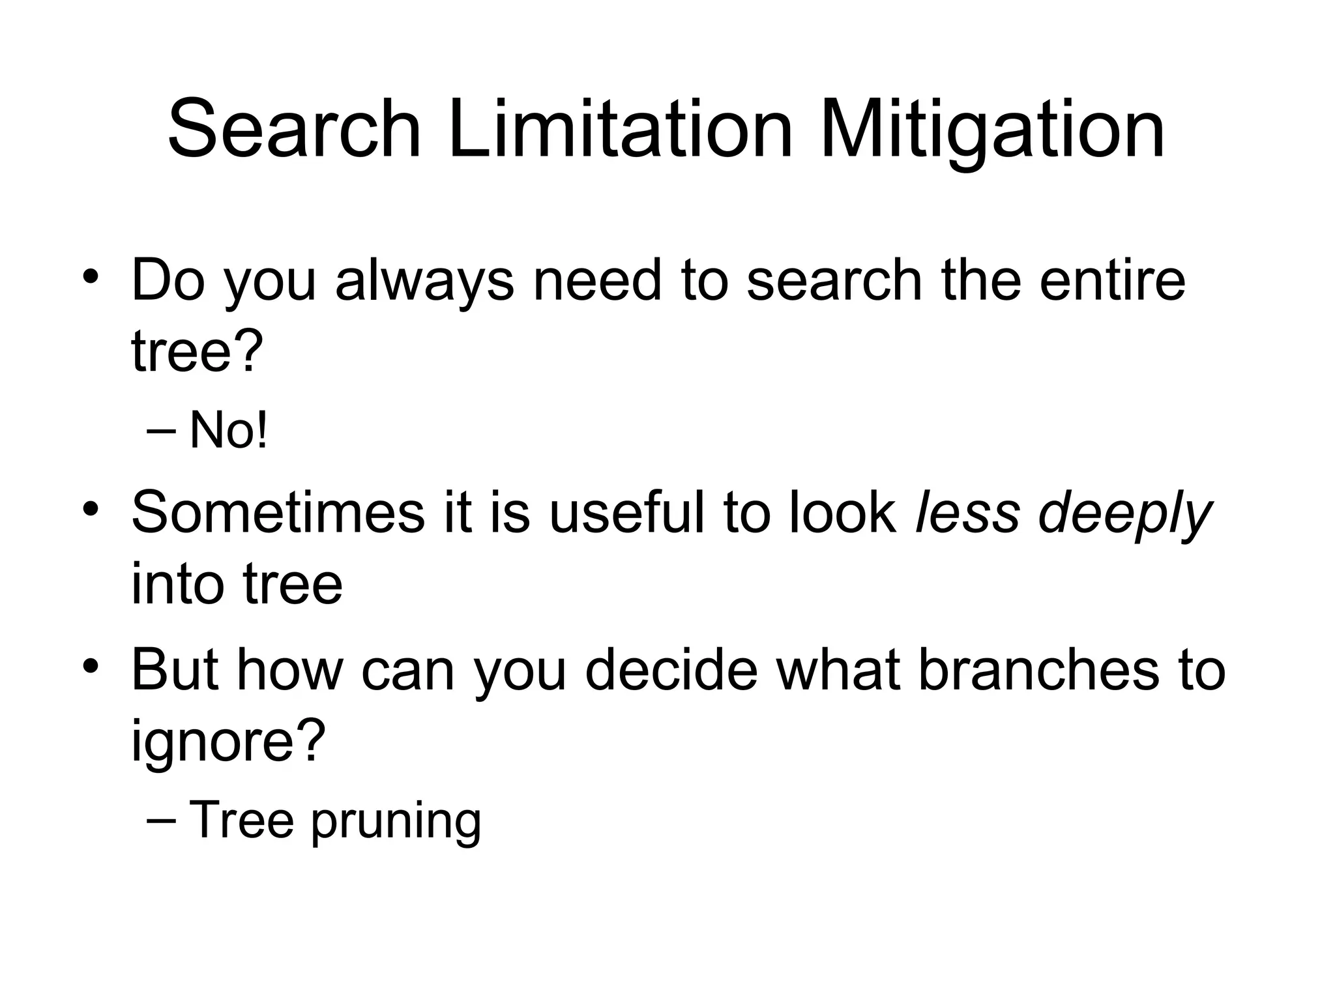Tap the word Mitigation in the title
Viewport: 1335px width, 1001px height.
992,130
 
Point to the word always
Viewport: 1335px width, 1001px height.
424,282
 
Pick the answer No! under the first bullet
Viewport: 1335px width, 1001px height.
228,431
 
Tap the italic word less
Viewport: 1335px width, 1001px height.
967,513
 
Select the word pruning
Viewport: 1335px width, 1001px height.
396,822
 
